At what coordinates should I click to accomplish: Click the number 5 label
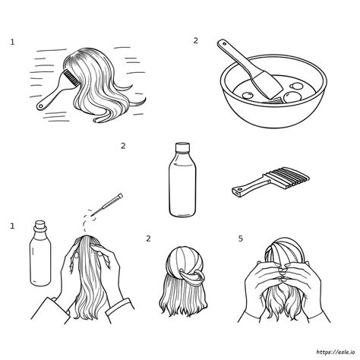pyautogui.click(x=241, y=238)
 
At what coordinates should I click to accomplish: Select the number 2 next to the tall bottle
pyautogui.click(x=122, y=147)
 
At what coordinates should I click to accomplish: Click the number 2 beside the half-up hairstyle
pyautogui.click(x=148, y=239)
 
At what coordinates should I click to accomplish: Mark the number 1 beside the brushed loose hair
pyautogui.click(x=12, y=43)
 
